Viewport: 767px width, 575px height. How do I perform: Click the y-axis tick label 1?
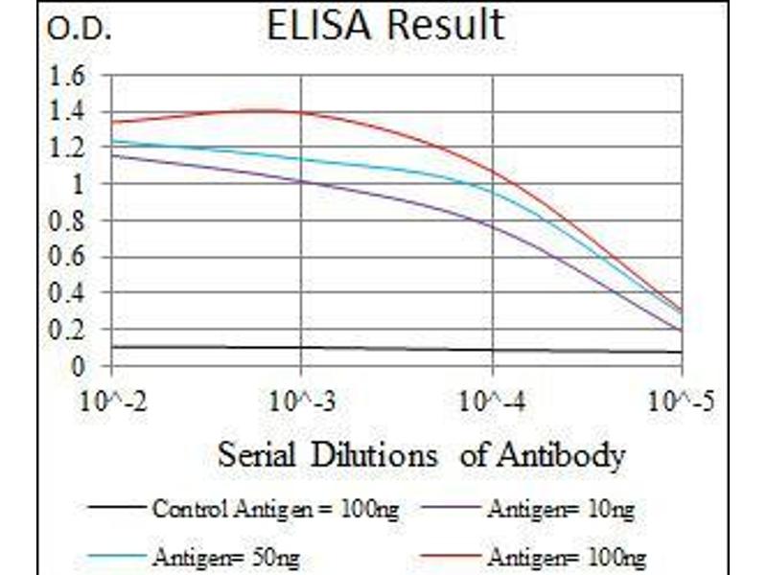pos(85,185)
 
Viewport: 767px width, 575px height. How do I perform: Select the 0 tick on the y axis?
pos(85,366)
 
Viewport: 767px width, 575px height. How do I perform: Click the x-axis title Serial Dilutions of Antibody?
pos(421,453)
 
